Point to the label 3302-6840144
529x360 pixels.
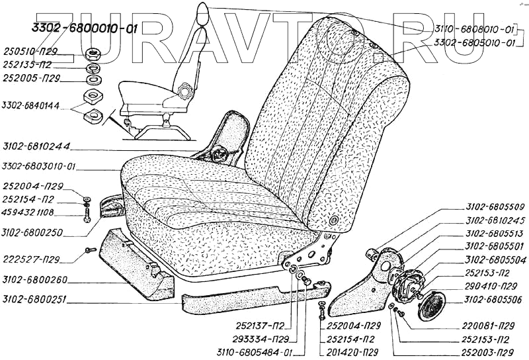click(30, 106)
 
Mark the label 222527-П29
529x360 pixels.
click(32, 257)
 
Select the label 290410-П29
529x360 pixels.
click(490, 287)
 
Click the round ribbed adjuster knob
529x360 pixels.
click(432, 304)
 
